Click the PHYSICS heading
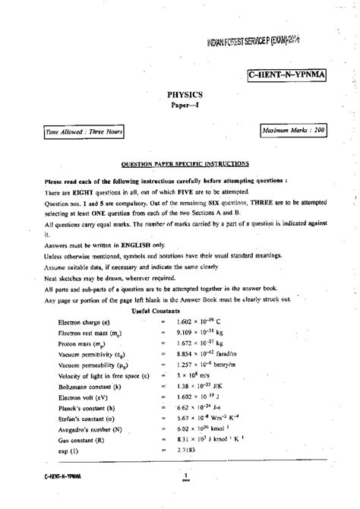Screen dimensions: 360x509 [179, 94]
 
